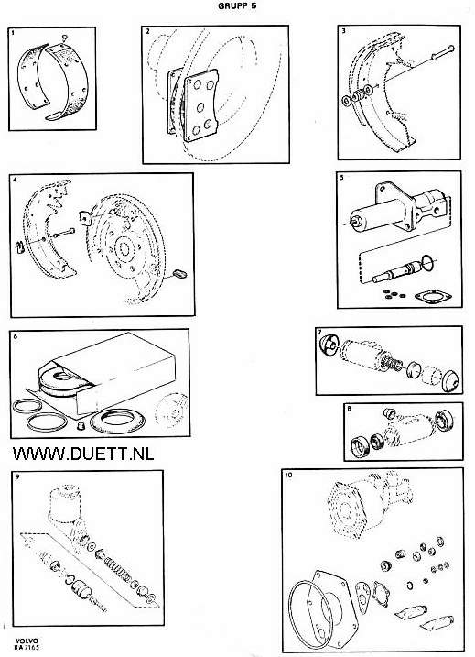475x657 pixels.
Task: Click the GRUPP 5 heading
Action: click(237, 6)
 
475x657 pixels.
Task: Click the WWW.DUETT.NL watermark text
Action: click(83, 454)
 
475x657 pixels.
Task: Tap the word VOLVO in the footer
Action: click(27, 641)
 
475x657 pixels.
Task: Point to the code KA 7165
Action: click(27, 647)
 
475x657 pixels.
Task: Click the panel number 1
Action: click(14, 32)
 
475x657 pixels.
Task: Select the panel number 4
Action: click(15, 180)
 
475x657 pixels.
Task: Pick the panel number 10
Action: click(288, 476)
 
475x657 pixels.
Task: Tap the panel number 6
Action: click(15, 336)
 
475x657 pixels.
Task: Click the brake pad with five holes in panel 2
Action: click(200, 105)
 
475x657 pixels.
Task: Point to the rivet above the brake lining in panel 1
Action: click(64, 38)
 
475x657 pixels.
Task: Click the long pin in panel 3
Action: click(444, 51)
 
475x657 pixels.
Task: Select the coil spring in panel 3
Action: click(357, 97)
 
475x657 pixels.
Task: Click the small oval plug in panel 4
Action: click(180, 274)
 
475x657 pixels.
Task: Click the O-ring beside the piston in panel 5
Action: click(427, 263)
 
